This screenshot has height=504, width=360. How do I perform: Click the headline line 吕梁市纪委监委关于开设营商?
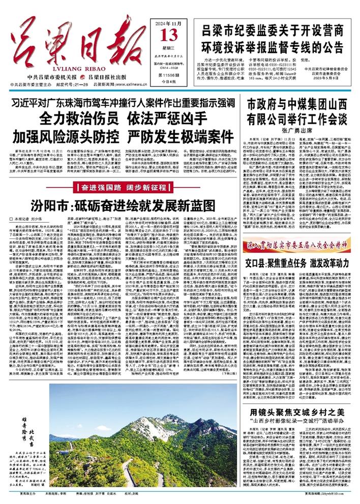277,29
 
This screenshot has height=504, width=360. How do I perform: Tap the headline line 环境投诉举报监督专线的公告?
277,43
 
